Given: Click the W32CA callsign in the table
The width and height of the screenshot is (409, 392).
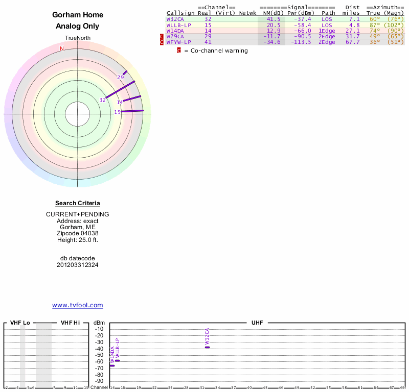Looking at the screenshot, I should pos(175,19).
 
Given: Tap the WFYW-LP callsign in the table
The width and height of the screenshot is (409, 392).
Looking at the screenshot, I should pos(178,42).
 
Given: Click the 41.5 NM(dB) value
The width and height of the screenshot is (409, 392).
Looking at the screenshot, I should pos(274,19).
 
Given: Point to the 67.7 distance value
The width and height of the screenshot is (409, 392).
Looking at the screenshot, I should pos(352,42).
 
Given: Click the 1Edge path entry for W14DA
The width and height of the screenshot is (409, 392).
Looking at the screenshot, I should pos(327,31).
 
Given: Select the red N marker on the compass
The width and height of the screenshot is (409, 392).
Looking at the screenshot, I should pos(62,48).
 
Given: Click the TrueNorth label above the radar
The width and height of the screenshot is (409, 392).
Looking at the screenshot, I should pos(78,38).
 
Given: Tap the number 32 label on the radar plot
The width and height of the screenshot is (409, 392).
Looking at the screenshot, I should pos(103,100).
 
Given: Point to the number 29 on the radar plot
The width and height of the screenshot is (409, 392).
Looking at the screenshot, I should pos(121,78).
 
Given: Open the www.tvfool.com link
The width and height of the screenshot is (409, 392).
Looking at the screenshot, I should pos(78,305).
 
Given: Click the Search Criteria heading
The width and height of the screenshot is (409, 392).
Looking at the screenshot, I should pos(78,203).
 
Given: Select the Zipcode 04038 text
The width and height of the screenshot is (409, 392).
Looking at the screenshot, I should pos(78,233).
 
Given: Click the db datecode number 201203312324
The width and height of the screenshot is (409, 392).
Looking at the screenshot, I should pos(78,265).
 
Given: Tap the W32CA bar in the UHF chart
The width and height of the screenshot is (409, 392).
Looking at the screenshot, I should pos(207,347).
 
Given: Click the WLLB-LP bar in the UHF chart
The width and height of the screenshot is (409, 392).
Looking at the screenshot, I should pos(118,360).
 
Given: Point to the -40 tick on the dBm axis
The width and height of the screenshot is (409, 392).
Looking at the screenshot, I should pos(99,349).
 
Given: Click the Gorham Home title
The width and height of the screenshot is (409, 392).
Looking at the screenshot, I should pos(78,15).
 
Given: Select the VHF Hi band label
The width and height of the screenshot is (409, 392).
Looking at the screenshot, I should pos(71,323).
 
